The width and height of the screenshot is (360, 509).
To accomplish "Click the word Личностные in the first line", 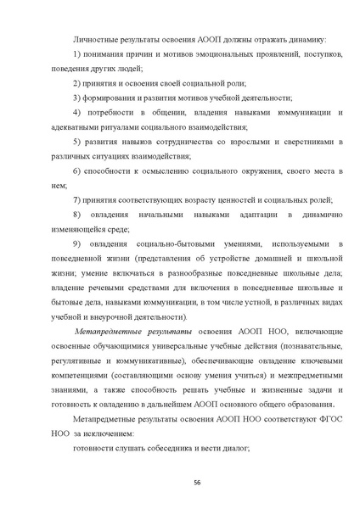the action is click(98, 41).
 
